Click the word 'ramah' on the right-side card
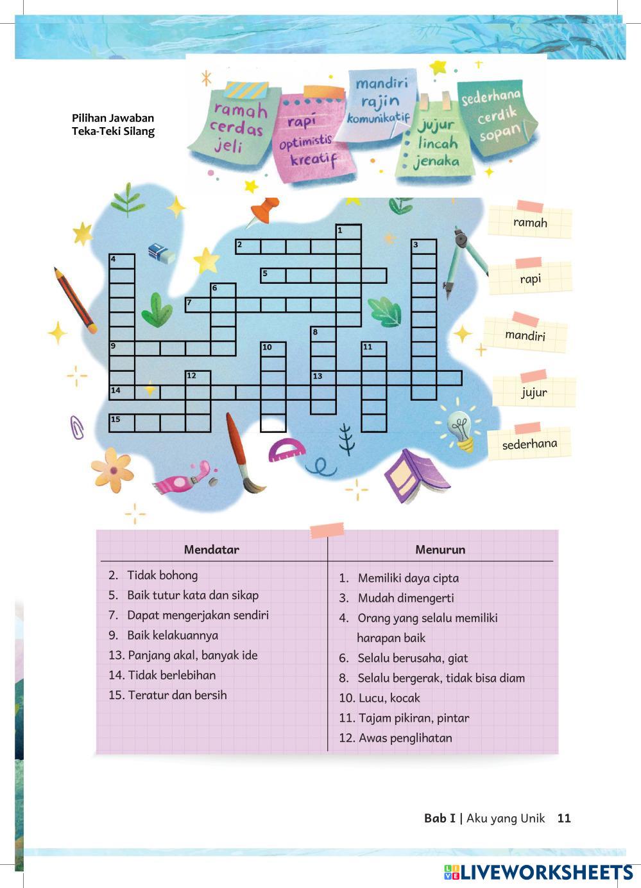pos(530,223)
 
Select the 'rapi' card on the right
pos(530,279)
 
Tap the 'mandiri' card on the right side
pos(525,335)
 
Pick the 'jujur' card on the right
pos(534,392)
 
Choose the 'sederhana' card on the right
pos(529,444)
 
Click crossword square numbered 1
pos(348,232)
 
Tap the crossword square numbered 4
pos(122,261)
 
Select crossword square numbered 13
pos(323,378)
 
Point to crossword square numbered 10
pos(273,349)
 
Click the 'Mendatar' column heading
pos(211,549)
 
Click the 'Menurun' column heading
pos(440,549)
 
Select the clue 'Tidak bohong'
pos(162,575)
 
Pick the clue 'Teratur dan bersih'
pos(176,695)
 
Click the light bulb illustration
pos(461,428)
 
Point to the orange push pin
pos(264,211)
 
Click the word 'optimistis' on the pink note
pos(305,141)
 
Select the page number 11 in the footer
pos(564,818)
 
